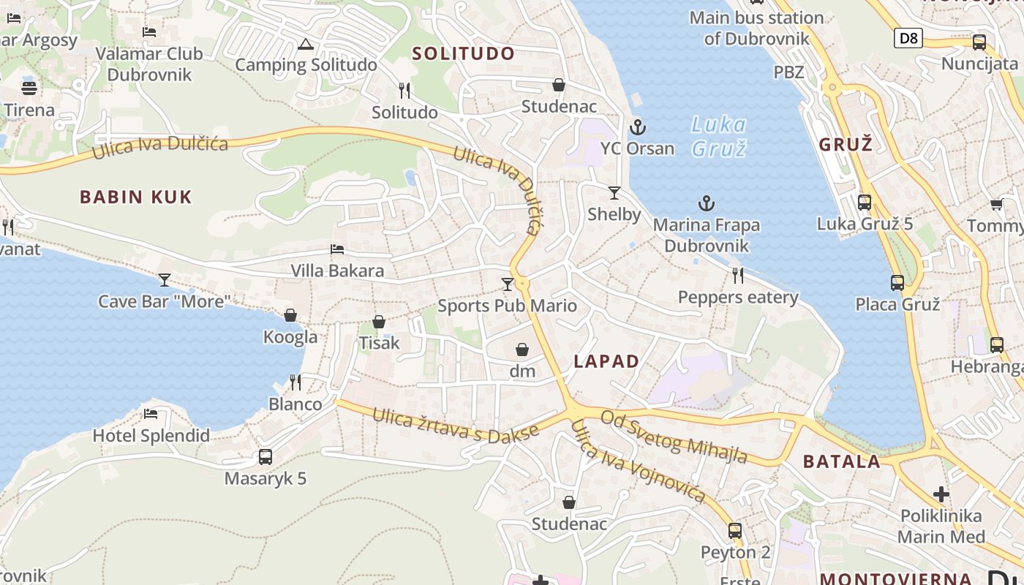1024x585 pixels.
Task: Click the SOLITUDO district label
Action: tap(463, 53)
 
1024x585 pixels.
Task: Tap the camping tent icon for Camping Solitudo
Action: tap(306, 44)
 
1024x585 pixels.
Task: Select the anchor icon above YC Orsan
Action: tap(638, 127)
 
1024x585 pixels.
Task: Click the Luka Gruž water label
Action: tap(718, 136)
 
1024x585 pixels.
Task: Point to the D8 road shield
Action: tap(908, 38)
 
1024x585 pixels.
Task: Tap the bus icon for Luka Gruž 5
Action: tap(865, 203)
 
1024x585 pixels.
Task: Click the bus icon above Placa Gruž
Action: tap(897, 282)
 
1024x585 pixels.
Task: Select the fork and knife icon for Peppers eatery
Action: tap(738, 276)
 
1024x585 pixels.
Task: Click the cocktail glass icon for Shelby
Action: tap(614, 193)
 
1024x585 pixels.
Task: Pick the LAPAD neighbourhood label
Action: tap(606, 361)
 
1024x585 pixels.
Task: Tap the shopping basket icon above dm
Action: tap(522, 350)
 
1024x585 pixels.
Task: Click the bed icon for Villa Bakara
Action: tap(337, 249)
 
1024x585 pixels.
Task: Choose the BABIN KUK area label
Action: tap(136, 197)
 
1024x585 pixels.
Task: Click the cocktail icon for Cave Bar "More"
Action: tap(165, 279)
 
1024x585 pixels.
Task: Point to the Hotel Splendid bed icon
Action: tap(151, 414)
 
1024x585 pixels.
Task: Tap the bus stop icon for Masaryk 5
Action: tap(266, 457)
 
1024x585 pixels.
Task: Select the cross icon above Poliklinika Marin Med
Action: tap(941, 494)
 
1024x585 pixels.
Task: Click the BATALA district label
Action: tap(841, 461)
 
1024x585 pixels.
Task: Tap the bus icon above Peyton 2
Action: tap(735, 531)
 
